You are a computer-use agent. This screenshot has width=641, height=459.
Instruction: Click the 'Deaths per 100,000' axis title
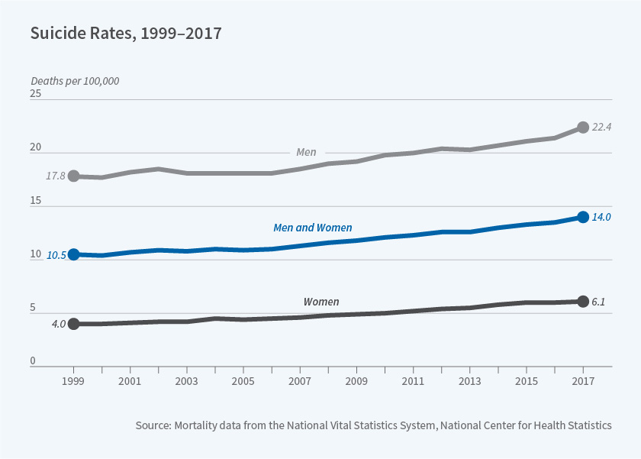click(75, 81)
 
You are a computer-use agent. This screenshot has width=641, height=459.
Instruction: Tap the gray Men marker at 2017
click(583, 127)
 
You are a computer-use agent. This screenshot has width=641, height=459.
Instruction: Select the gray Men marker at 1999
click(73, 176)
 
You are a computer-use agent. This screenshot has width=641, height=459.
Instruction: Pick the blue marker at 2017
click(583, 217)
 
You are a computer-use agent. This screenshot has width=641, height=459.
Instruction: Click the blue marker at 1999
click(73, 254)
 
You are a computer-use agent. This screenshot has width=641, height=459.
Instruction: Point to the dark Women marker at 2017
click(583, 301)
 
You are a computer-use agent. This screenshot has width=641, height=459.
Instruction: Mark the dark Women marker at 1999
click(73, 324)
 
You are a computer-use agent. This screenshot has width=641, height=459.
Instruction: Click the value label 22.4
click(602, 127)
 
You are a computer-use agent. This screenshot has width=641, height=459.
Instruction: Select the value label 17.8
click(56, 176)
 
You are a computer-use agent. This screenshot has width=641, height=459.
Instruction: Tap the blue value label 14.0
click(602, 217)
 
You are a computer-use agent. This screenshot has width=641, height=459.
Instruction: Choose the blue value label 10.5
click(56, 256)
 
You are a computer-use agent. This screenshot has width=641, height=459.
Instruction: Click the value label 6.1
click(598, 302)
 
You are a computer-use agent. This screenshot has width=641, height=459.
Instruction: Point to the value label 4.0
click(58, 324)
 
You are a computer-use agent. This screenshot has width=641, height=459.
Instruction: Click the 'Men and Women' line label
click(312, 228)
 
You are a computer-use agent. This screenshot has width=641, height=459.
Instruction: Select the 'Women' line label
click(321, 302)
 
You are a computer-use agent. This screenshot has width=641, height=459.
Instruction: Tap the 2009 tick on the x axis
click(356, 380)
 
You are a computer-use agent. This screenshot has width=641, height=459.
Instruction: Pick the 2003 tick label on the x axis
click(187, 380)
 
